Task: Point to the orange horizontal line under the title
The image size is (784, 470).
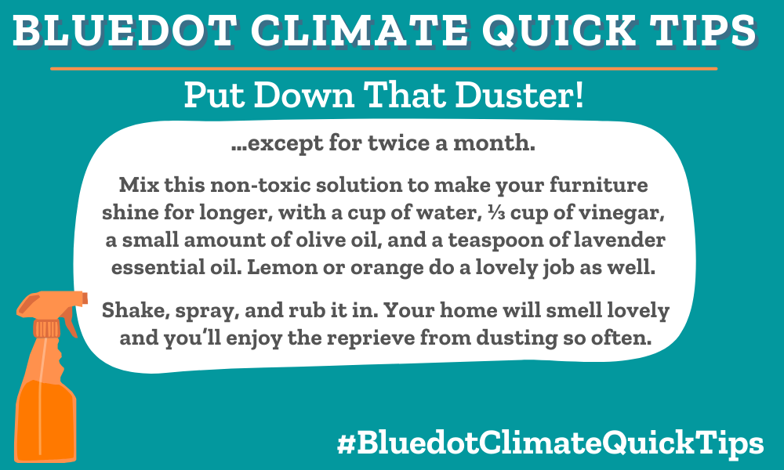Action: pos(383,69)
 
